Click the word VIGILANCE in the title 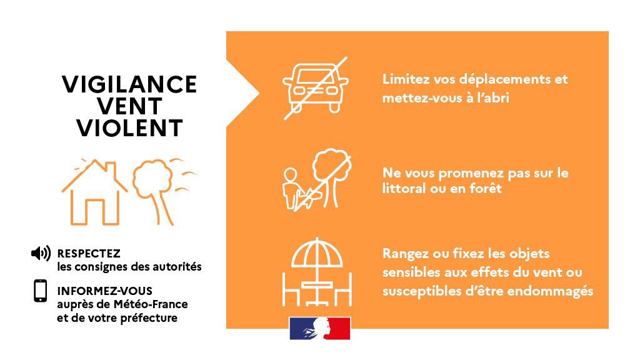click(x=129, y=84)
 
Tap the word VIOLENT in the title click(x=129, y=128)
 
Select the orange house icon click(x=94, y=192)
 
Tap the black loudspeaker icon click(x=41, y=254)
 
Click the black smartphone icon click(x=41, y=291)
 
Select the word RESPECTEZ click(x=89, y=254)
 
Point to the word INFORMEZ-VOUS click(x=104, y=291)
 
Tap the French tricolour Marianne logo click(x=319, y=328)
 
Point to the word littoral click(x=404, y=188)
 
